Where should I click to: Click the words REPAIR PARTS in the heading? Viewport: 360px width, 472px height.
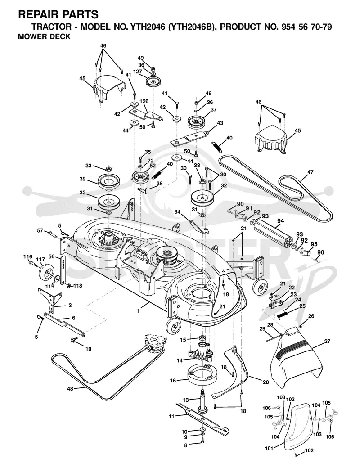(x=58, y=14)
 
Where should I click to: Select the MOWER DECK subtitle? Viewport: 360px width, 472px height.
(x=44, y=37)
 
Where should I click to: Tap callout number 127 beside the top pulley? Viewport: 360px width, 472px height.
(x=138, y=72)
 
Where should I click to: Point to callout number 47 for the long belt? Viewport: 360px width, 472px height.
(x=310, y=172)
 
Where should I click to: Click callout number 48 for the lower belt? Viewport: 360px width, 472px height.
(x=70, y=389)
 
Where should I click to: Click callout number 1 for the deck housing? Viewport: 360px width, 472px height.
(x=138, y=311)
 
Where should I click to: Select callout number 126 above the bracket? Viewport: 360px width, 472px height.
(x=144, y=101)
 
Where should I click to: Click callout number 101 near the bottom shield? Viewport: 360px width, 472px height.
(x=269, y=448)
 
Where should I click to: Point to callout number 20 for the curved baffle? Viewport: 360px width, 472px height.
(x=266, y=382)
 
